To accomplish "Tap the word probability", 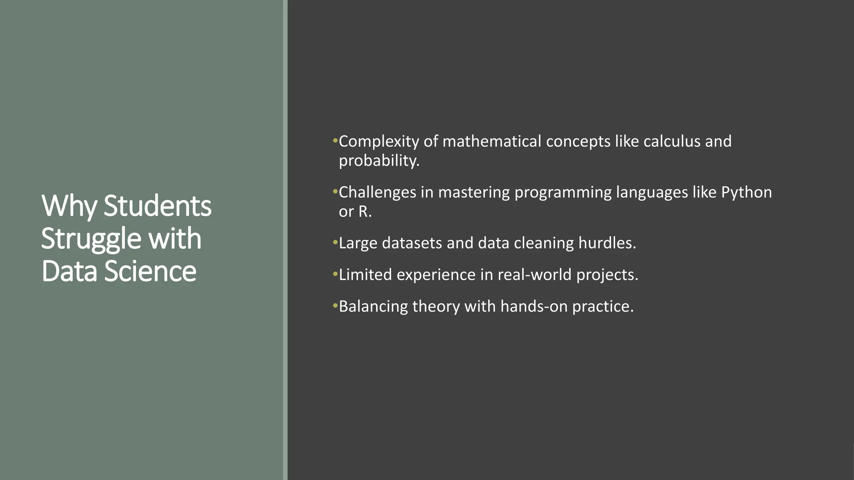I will (379, 161).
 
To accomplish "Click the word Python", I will (746, 192).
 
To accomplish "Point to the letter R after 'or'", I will (364, 212).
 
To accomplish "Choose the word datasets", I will (412, 243).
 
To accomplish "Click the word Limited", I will (365, 275).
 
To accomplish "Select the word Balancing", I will (373, 306).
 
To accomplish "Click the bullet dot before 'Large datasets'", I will (335, 242).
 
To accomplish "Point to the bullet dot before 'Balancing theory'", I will (335, 305).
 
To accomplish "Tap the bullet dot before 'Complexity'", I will (335, 141).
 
